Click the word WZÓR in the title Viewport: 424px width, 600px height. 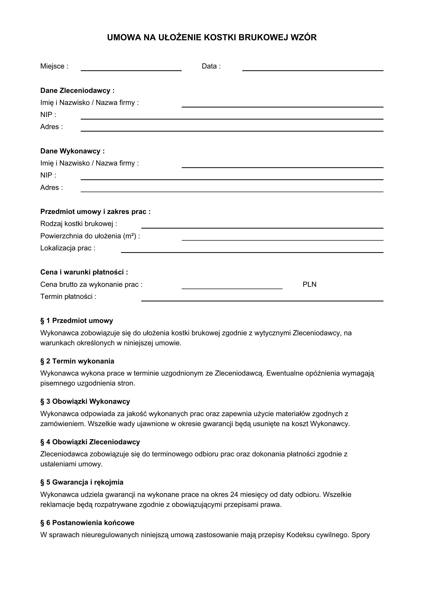(303, 38)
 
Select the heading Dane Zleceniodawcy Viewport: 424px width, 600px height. (77, 91)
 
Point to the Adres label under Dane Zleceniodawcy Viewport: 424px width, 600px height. (52, 127)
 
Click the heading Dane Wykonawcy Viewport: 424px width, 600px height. (72, 151)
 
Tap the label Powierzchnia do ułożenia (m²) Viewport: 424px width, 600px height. (90, 236)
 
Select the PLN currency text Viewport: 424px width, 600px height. (309, 284)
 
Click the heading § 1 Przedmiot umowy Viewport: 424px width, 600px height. (76, 321)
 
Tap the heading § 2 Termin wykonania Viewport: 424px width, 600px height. (77, 361)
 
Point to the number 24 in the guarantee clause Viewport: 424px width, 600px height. (234, 495)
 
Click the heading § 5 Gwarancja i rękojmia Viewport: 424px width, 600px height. (82, 483)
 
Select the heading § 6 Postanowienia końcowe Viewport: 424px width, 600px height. (87, 523)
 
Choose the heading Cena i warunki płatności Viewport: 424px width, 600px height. (84, 272)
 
